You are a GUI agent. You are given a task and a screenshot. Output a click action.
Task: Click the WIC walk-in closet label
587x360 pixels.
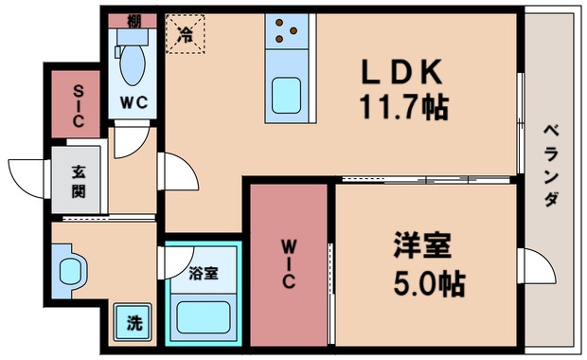(x=288, y=265)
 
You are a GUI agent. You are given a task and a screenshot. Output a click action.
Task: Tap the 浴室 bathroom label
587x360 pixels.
(x=203, y=275)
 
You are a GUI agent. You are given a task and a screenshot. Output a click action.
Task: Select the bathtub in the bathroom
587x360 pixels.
(x=204, y=316)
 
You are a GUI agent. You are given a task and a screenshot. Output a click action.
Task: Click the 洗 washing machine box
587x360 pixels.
(x=134, y=322)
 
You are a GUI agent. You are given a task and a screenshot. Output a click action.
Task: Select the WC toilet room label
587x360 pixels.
(x=133, y=102)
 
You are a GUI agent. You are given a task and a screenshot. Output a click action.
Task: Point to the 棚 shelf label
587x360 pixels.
(x=133, y=21)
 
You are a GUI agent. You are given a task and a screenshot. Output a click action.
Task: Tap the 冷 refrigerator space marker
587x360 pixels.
(x=186, y=35)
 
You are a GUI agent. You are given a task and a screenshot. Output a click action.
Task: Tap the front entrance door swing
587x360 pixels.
(x=28, y=178)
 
